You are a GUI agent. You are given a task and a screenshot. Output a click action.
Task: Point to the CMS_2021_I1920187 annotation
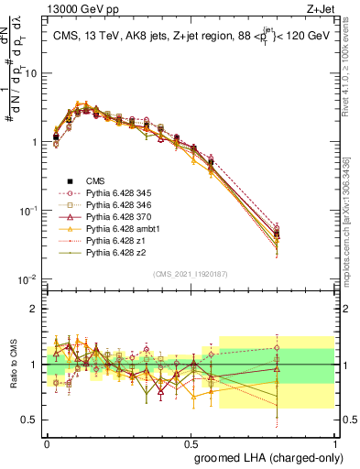click(190, 273)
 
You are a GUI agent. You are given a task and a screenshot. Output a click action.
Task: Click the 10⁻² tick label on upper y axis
click(30, 279)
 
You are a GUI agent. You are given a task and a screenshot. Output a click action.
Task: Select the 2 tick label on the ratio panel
click(36, 308)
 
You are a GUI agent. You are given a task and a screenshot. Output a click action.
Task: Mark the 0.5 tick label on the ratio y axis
click(31, 420)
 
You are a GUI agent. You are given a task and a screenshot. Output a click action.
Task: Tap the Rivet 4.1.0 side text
click(352, 69)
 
